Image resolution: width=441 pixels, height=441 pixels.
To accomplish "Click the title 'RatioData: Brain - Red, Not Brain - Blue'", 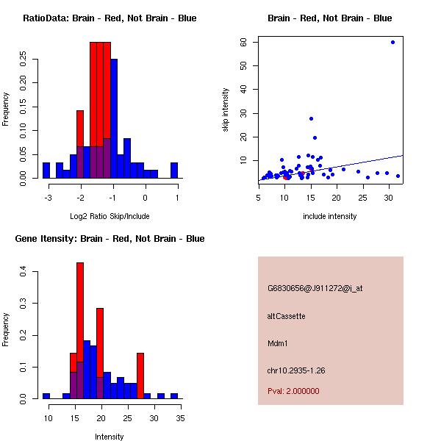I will [x=110, y=18].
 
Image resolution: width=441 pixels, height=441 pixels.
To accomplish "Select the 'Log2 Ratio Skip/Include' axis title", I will [x=110, y=216].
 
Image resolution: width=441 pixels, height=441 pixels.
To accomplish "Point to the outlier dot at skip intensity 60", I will [x=392, y=42].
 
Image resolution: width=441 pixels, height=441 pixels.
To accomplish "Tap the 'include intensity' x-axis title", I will [x=330, y=216].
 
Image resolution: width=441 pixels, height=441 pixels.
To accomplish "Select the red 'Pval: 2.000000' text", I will [x=293, y=391].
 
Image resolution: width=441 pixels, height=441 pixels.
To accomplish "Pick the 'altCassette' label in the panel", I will [x=287, y=316].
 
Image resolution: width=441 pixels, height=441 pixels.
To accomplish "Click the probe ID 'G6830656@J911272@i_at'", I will [x=315, y=288].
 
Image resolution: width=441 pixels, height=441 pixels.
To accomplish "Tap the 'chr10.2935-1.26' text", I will [x=296, y=370].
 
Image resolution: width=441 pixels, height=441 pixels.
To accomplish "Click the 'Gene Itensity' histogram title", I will [x=110, y=239].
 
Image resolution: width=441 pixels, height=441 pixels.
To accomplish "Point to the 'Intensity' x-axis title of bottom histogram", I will [x=110, y=437].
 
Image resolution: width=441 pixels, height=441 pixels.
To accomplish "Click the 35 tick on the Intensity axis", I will [x=180, y=418].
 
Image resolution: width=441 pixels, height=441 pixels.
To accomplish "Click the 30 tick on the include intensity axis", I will [x=389, y=198].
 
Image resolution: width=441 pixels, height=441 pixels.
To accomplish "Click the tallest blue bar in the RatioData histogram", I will [x=114, y=118].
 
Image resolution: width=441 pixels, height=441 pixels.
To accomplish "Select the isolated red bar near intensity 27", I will [x=140, y=376].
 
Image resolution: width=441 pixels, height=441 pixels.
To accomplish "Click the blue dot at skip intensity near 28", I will [x=311, y=118].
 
